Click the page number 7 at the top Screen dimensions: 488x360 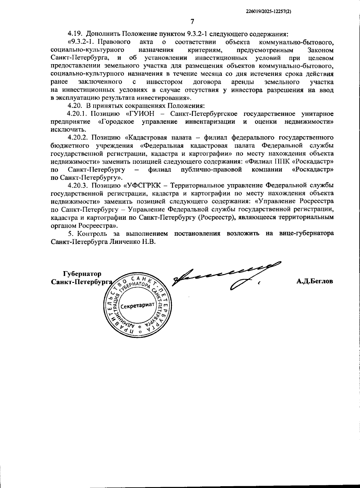click(192, 21)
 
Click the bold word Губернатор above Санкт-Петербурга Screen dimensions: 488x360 click(82, 274)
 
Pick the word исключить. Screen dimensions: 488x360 click(64, 130)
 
